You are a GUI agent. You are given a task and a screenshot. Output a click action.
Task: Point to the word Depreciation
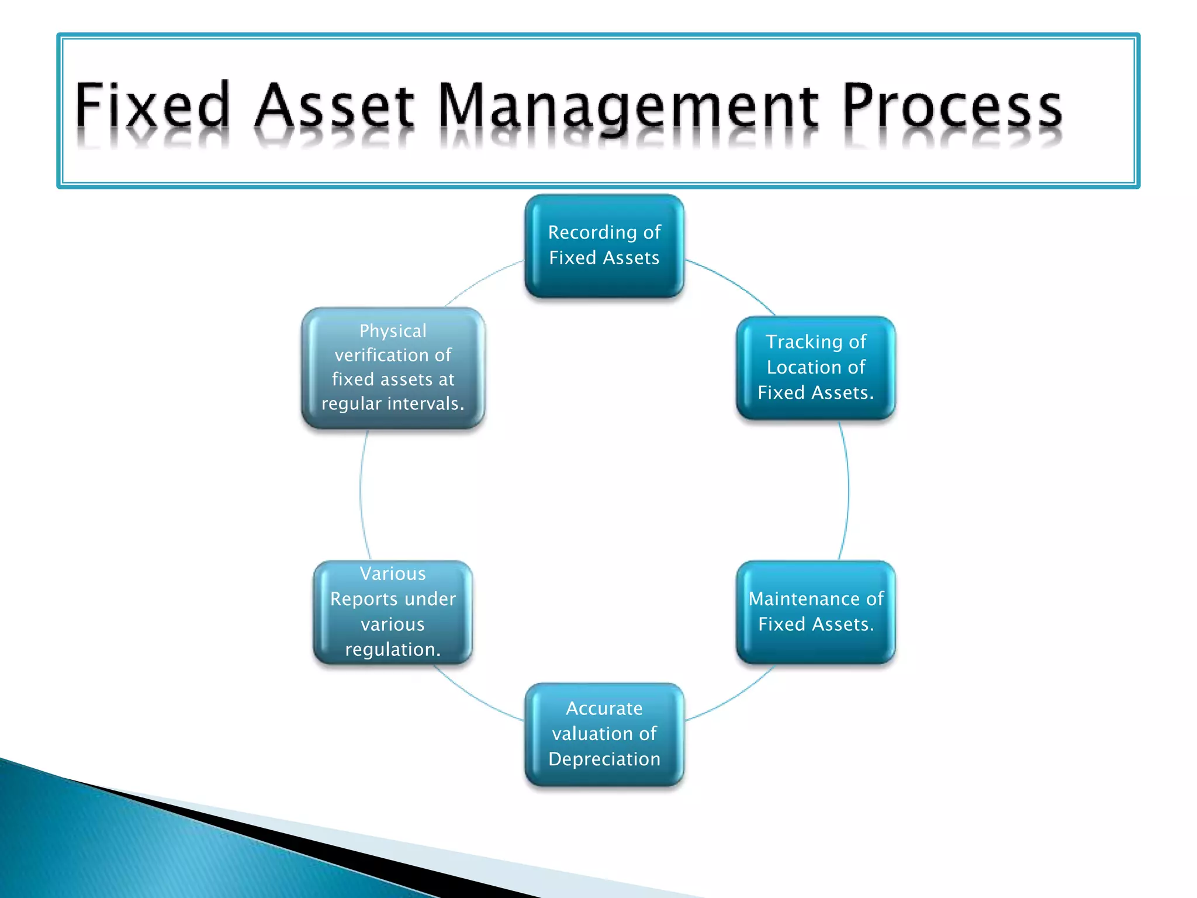(x=604, y=759)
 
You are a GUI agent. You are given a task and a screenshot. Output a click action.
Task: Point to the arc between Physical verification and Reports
(x=361, y=494)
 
